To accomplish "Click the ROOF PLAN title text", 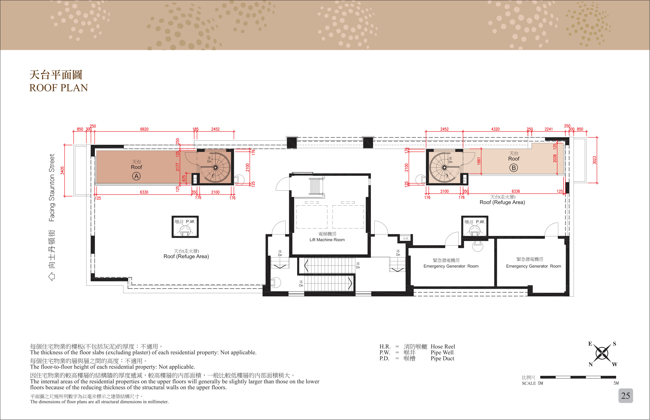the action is click(59, 88).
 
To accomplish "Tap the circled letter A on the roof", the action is click(136, 176).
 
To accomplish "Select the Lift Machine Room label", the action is click(327, 240).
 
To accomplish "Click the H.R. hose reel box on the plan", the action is click(406, 239).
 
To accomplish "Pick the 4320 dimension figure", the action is click(495, 129).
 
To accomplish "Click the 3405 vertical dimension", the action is click(62, 170).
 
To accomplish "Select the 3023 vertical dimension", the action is click(594, 160).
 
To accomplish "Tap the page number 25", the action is click(625, 396).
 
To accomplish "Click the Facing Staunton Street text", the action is click(52, 188).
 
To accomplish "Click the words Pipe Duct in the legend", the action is click(442, 359).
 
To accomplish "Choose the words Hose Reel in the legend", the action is click(443, 347).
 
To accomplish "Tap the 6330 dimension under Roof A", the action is click(144, 192).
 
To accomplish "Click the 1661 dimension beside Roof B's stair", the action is click(479, 161).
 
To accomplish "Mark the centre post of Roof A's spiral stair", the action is click(215, 167).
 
